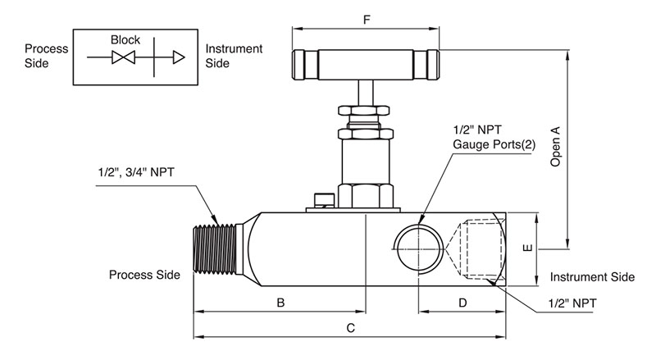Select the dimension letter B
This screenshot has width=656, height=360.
280,303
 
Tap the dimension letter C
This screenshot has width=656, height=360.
350,329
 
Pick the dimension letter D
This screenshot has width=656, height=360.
462,303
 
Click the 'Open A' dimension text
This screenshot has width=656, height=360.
555,147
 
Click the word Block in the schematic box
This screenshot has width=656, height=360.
125,39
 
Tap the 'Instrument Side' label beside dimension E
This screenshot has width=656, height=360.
592,277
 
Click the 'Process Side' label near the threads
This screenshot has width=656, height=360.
144,275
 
